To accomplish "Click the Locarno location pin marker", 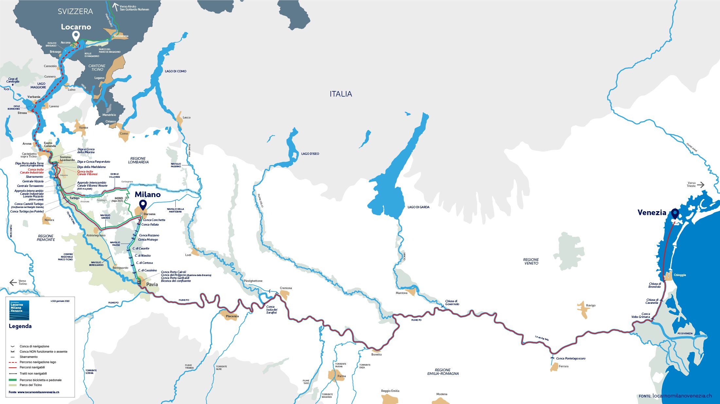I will click(x=76, y=36).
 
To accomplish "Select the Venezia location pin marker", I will click(x=675, y=214).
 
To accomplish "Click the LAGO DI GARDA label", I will click(x=418, y=207).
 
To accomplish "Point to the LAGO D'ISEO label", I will click(x=310, y=154).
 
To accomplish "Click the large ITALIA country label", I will click(x=341, y=94).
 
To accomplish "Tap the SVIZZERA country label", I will click(x=75, y=11).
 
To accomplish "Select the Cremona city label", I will click(x=286, y=288).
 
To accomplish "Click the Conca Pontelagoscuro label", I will click(x=571, y=358).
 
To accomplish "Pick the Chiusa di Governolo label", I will click(x=452, y=303).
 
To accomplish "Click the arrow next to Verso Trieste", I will click(x=700, y=185).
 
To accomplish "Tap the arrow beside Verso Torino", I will click(x=13, y=283).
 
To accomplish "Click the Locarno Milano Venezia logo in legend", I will click(x=19, y=310).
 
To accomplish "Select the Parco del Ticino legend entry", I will click(x=31, y=385).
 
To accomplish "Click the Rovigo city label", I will click(x=590, y=305).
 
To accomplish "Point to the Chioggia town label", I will click(x=679, y=275).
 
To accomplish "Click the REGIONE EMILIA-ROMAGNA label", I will click(x=443, y=372).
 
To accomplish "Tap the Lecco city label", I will click(x=186, y=117).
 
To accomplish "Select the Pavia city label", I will click(x=152, y=284).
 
